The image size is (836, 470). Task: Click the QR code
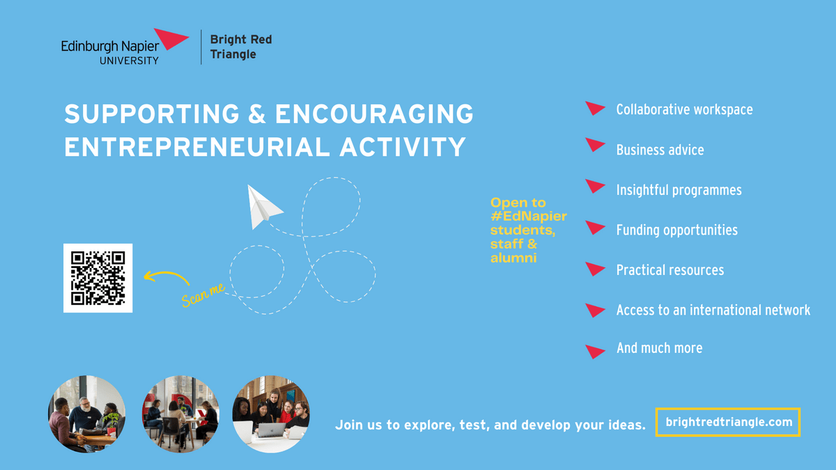click(98, 278)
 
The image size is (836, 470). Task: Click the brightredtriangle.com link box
click(728, 422)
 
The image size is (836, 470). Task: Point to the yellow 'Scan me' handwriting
click(203, 295)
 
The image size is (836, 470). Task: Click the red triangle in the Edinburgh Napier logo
click(170, 38)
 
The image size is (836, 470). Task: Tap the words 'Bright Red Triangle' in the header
click(241, 47)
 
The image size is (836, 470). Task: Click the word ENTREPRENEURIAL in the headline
click(197, 147)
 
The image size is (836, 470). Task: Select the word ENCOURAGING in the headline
click(374, 113)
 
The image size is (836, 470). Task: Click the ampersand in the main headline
click(257, 113)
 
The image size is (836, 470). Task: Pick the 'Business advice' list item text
click(660, 150)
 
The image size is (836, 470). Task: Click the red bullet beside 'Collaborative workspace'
click(595, 108)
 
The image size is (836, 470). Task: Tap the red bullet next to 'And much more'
click(595, 352)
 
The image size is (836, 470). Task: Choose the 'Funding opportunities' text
click(676, 230)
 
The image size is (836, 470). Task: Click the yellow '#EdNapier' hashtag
click(529, 216)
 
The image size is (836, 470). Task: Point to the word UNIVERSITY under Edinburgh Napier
click(129, 61)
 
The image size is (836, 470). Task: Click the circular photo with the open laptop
click(271, 414)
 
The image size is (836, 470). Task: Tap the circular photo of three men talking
click(86, 414)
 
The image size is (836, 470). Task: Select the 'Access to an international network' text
click(713, 310)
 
